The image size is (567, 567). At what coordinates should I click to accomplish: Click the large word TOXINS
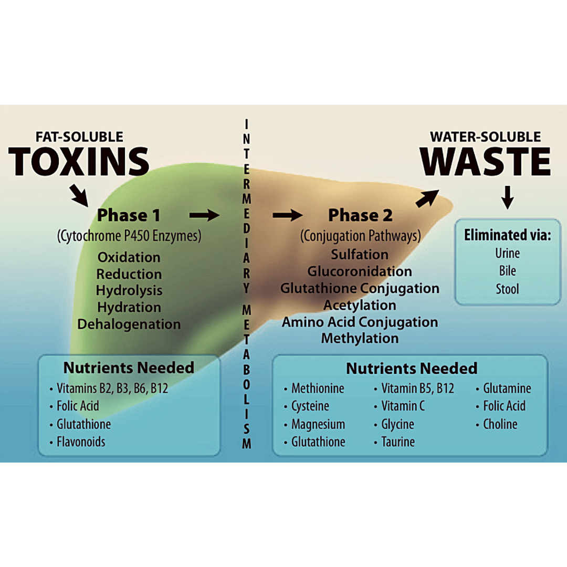click(79, 161)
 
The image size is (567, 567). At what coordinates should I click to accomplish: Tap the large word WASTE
click(486, 161)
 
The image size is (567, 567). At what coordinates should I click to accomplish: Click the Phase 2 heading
click(360, 215)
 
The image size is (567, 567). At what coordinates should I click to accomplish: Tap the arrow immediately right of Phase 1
click(204, 215)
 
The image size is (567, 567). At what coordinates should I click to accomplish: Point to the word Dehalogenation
click(129, 324)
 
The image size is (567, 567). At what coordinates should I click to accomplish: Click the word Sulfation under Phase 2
click(360, 254)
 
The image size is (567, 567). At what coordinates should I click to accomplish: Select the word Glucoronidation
click(360, 271)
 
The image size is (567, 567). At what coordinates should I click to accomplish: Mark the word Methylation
click(360, 339)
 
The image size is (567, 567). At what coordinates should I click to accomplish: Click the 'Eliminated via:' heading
click(507, 235)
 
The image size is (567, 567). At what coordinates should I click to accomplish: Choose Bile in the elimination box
click(507, 271)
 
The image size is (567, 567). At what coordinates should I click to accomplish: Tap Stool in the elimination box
click(507, 289)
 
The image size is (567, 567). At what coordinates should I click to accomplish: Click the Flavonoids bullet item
click(81, 442)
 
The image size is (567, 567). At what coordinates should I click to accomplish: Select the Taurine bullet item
click(397, 442)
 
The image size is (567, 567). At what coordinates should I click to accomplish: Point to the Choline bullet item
click(500, 424)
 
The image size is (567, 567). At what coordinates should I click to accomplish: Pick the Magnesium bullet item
click(318, 424)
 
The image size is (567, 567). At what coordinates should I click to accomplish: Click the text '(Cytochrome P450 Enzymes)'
click(129, 236)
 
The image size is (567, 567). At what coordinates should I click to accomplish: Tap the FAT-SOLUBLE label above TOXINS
click(79, 137)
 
